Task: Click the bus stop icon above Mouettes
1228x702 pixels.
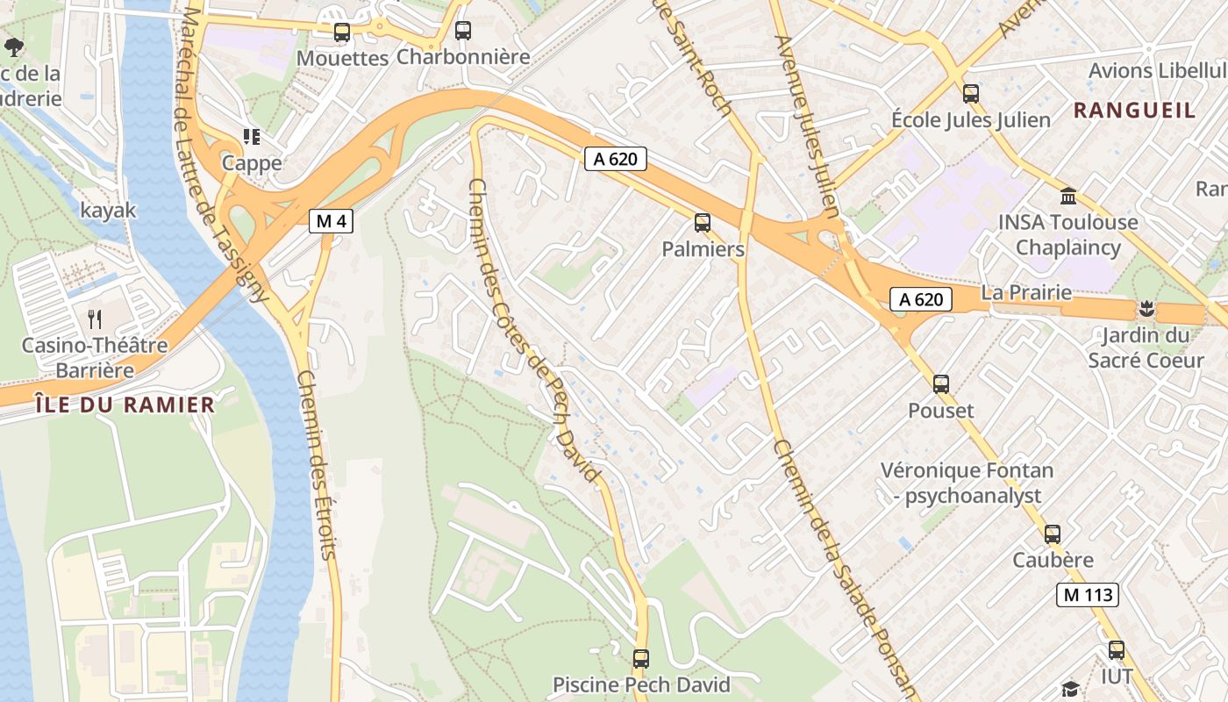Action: coord(342,32)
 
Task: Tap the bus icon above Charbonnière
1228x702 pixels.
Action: coord(463,31)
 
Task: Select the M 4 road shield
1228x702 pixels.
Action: coord(331,221)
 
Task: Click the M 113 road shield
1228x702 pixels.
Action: coord(1087,595)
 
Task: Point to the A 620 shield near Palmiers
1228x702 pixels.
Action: coord(616,159)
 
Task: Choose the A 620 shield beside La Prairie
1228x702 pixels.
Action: coord(921,299)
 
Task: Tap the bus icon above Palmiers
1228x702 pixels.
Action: coord(703,223)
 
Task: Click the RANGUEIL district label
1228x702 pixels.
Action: coord(1134,111)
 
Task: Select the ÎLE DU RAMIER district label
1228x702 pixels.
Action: coord(125,405)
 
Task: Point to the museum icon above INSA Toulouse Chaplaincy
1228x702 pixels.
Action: coord(1068,196)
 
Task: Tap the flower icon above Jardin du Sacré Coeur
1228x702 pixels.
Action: coord(1146,309)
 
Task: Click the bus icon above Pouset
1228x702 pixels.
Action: coord(941,384)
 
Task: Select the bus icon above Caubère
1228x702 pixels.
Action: coord(1053,534)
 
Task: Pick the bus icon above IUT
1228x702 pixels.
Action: coord(1117,650)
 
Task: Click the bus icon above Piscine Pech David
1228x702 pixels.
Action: coord(641,658)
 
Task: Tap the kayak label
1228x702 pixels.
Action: coord(109,211)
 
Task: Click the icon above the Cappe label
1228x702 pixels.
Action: coord(252,137)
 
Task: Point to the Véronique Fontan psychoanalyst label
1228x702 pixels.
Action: coord(967,484)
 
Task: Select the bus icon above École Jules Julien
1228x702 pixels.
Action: coord(970,94)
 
